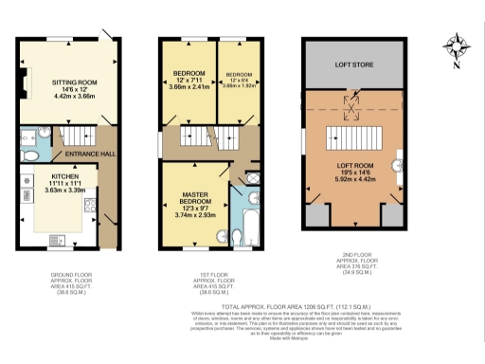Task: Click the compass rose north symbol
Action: [456, 45]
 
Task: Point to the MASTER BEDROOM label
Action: [195, 200]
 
